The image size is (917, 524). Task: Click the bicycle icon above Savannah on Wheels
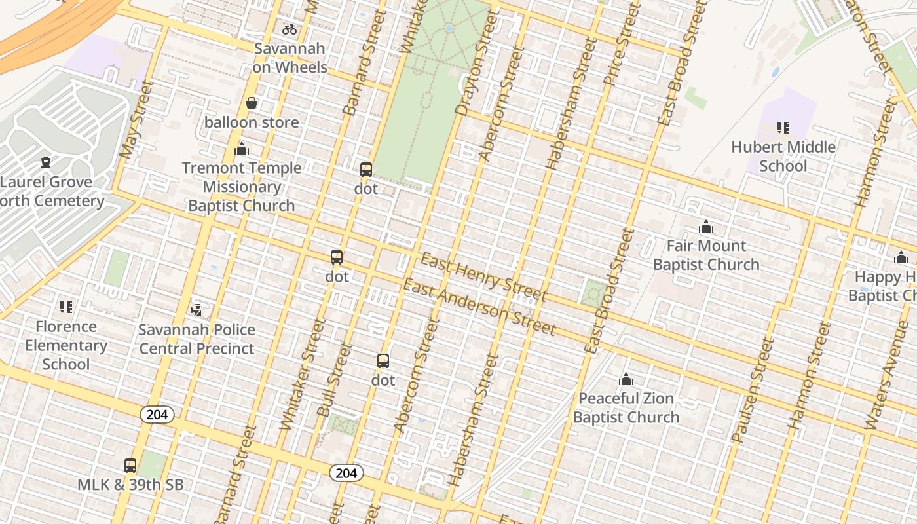coord(290,29)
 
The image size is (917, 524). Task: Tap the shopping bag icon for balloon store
coord(252,103)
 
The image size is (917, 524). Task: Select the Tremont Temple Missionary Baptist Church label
coord(242,187)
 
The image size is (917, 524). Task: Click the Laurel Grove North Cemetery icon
coord(46,162)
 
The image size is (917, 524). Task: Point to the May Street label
coord(136,121)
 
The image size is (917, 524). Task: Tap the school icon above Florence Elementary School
coord(66,307)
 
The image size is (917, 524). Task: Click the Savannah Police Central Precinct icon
coord(196,310)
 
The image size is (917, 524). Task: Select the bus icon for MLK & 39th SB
coord(130,466)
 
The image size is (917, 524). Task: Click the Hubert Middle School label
coord(783,156)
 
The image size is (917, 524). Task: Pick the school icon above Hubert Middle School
coord(783,127)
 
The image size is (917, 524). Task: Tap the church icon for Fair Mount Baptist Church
coord(706,227)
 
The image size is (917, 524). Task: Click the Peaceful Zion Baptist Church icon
coord(626,379)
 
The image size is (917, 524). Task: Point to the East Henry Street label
coord(483,277)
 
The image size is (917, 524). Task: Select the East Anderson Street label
coord(479,307)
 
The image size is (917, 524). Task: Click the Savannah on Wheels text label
coord(290,58)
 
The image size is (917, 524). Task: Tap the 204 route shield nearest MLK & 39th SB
coord(157,414)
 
